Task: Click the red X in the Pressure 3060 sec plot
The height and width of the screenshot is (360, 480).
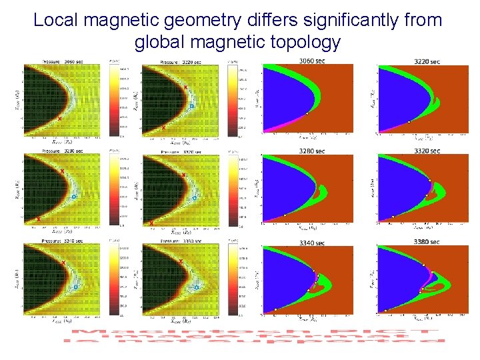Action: pyautogui.click(x=59, y=118)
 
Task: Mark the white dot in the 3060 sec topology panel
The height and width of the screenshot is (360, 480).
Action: pyautogui.click(x=307, y=113)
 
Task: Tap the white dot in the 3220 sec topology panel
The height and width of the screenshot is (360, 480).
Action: pyautogui.click(x=409, y=122)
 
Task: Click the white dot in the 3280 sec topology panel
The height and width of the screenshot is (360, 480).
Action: pyautogui.click(x=285, y=215)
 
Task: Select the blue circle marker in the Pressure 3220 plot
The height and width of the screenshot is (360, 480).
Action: pyautogui.click(x=191, y=106)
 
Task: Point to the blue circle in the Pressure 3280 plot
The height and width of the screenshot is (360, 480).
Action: pyautogui.click(x=74, y=197)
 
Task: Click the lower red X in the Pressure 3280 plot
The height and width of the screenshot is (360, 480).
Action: pyautogui.click(x=39, y=219)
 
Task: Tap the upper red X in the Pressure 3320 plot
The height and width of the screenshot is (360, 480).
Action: pyautogui.click(x=183, y=174)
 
